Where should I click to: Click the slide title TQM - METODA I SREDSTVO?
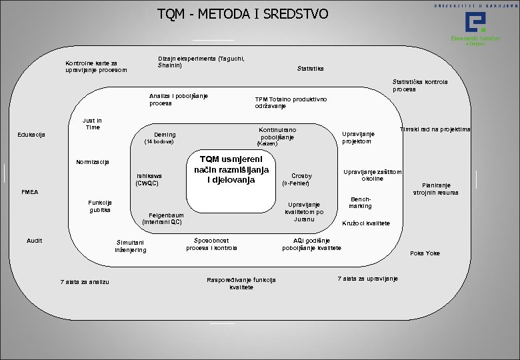pyautogui.click(x=243, y=13)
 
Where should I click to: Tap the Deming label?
pyautogui.click(x=164, y=135)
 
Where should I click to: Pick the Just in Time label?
pyautogui.click(x=91, y=124)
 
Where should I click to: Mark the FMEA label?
pyautogui.click(x=30, y=192)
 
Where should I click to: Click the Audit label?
pyautogui.click(x=35, y=240)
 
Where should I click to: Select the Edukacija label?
pyautogui.click(x=31, y=135)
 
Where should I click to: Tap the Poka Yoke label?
pyautogui.click(x=425, y=253)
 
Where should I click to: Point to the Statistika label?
pyautogui.click(x=310, y=68)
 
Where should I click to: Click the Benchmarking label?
pyautogui.click(x=361, y=202)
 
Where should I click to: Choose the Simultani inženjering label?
pyautogui.click(x=130, y=246)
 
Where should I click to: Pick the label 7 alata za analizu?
pyautogui.click(x=84, y=281)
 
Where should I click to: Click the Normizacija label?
pyautogui.click(x=93, y=162)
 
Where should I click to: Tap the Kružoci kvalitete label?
pyautogui.click(x=365, y=223)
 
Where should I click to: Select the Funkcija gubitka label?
pyautogui.click(x=100, y=206)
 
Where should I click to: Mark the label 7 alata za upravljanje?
pyautogui.click(x=367, y=278)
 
